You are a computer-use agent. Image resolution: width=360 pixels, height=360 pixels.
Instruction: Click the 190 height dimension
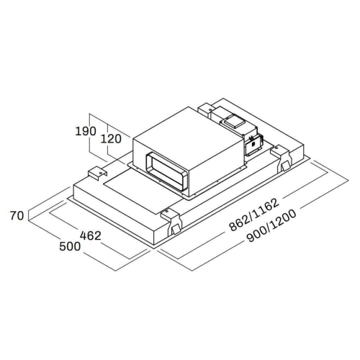click(86, 131)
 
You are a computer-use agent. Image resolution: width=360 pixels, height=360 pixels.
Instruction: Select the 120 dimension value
click(111, 139)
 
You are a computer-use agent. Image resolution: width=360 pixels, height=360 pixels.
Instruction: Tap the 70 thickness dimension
click(17, 215)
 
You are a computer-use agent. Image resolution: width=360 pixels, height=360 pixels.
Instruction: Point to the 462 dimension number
click(91, 235)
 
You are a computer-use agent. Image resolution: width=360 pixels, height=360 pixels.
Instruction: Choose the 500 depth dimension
click(70, 246)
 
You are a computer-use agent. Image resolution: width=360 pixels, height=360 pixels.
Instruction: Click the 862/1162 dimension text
click(255, 215)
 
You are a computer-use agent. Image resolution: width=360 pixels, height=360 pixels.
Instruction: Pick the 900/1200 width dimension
click(271, 225)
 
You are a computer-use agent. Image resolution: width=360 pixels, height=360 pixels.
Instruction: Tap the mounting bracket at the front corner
click(171, 222)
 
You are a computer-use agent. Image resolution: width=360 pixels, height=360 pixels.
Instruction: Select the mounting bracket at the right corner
click(281, 158)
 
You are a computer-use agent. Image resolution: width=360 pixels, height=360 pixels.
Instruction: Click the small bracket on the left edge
click(97, 173)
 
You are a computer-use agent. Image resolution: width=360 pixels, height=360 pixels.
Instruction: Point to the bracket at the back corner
click(206, 109)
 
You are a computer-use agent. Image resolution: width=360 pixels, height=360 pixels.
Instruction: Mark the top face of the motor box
click(187, 134)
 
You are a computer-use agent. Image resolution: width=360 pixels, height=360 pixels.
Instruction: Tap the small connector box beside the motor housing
click(253, 145)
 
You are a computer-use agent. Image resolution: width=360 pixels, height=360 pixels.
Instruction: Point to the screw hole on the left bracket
click(101, 172)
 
